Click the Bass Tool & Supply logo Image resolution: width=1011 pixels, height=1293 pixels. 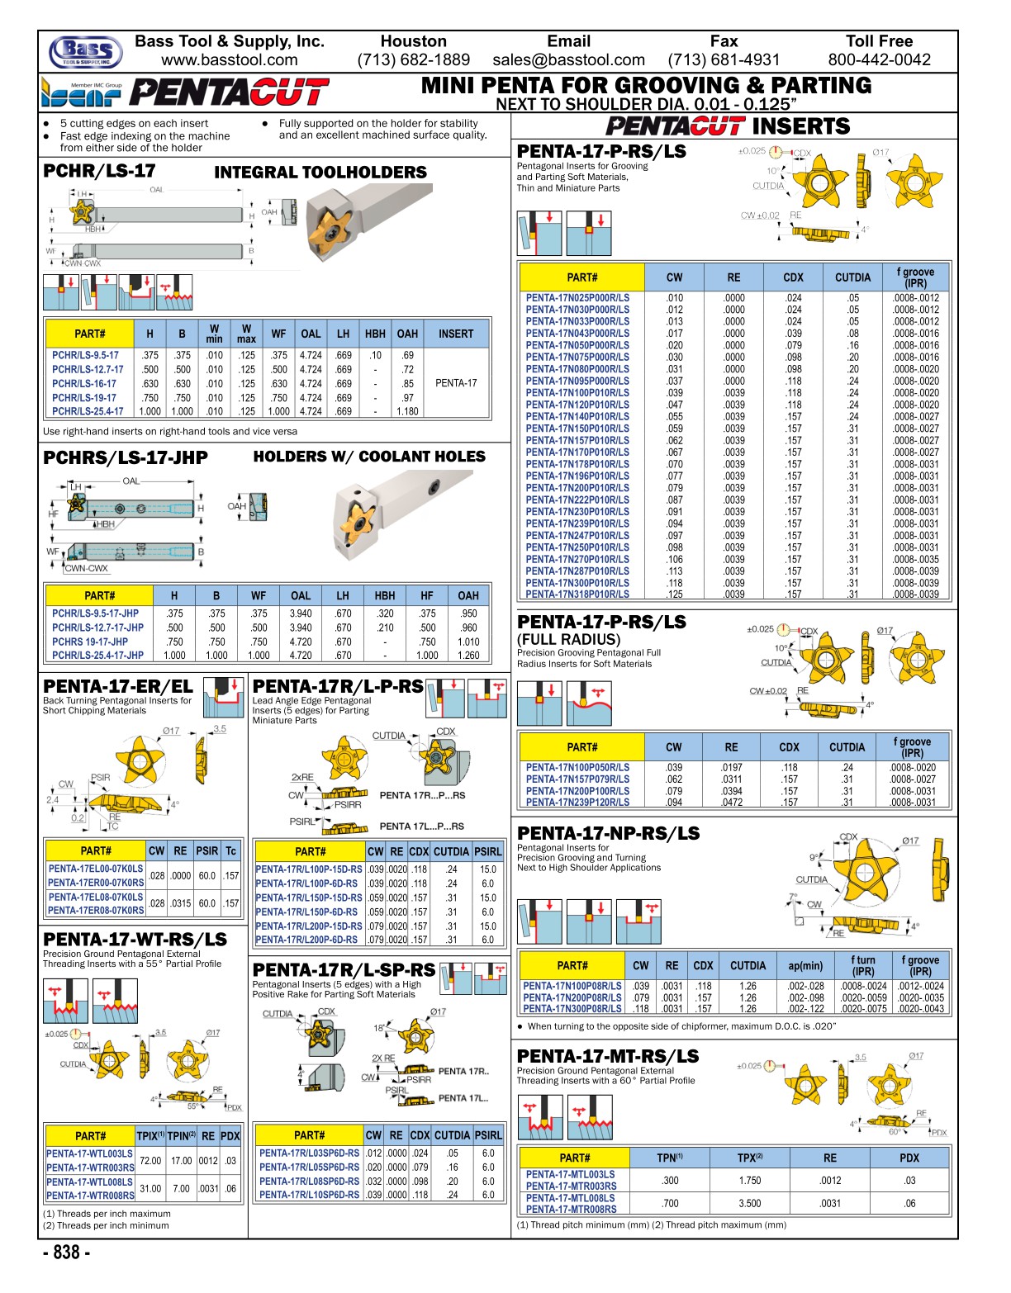pyautogui.click(x=85, y=52)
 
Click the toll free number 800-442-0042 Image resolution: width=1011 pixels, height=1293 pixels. pyautogui.click(x=879, y=60)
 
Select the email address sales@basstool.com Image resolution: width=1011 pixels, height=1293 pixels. pyautogui.click(x=568, y=60)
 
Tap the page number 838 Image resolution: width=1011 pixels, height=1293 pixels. pyautogui.click(x=67, y=1253)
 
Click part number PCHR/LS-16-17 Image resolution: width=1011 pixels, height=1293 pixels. pyautogui.click(x=84, y=384)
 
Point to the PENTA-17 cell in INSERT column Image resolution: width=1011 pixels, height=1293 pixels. pyautogui.click(x=456, y=383)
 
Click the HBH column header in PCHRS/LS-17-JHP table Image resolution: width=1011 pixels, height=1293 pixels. pyautogui.click(x=385, y=595)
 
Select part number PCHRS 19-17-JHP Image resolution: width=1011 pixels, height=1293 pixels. pyautogui.click(x=90, y=642)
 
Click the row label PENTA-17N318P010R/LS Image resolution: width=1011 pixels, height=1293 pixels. pyautogui.click(x=577, y=594)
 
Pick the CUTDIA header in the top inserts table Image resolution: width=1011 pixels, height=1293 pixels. pyautogui.click(x=852, y=278)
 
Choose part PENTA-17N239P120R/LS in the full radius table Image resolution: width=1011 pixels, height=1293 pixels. pyautogui.click(x=577, y=803)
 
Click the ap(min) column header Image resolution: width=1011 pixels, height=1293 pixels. pyautogui.click(x=805, y=965)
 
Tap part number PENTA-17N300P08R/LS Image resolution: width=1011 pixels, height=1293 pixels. pyautogui.click(x=572, y=1009)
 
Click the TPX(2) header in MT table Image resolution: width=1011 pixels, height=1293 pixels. pyautogui.click(x=750, y=1158)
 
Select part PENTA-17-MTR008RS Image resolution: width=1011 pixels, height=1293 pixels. pyautogui.click(x=571, y=1210)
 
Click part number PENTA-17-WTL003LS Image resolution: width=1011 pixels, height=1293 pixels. pyautogui.click(x=89, y=1154)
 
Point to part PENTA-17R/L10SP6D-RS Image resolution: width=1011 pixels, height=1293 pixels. pyautogui.click(x=309, y=1195)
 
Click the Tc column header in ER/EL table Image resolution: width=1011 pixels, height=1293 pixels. pyautogui.click(x=230, y=851)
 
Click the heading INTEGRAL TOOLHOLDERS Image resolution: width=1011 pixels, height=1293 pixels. pyautogui.click(x=320, y=173)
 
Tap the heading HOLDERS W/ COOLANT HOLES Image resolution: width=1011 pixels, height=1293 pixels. pyautogui.click(x=369, y=457)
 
